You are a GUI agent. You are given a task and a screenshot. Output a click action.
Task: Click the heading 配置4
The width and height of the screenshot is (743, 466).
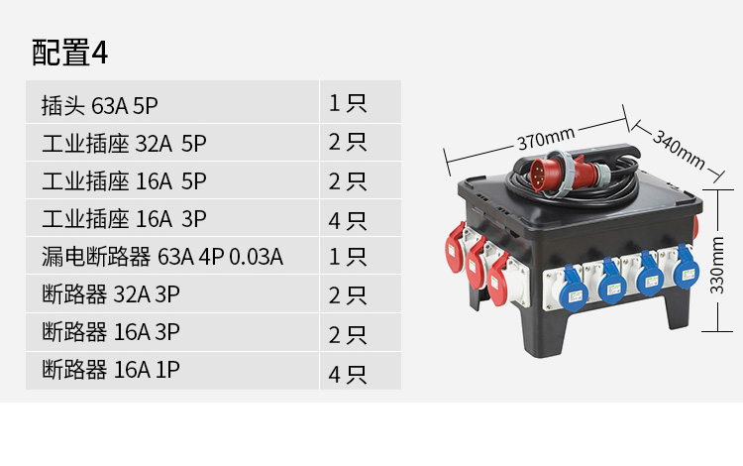coord(69,53)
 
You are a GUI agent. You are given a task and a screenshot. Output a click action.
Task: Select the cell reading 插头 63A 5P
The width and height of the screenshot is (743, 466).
coord(172,102)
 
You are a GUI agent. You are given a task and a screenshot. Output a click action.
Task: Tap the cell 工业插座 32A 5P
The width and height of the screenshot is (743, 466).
coord(172,143)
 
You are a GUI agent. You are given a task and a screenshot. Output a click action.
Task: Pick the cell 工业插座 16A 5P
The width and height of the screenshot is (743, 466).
coord(172,180)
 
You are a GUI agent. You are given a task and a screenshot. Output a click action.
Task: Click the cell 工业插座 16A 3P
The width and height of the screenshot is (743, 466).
coord(172,218)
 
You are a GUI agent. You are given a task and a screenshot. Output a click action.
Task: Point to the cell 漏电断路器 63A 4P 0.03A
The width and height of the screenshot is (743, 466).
coord(172,256)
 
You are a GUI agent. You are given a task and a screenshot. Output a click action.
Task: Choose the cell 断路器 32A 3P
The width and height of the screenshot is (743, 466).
coord(172,293)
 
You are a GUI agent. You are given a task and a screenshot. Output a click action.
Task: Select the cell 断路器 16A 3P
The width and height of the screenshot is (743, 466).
coord(172,332)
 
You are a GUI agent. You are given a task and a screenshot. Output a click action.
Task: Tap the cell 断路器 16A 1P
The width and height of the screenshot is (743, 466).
coord(172,371)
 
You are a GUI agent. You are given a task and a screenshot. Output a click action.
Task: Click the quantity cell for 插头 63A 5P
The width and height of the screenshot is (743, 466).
coord(361,102)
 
